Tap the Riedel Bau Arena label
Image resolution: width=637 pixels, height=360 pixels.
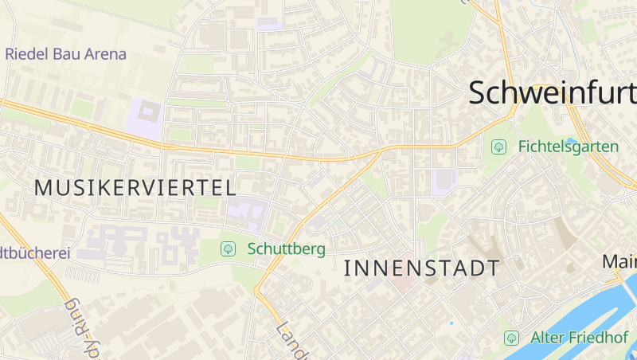coord(65,54)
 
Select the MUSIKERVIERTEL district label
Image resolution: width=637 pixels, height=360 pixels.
coord(135,188)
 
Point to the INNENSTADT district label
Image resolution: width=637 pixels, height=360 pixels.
coord(422,268)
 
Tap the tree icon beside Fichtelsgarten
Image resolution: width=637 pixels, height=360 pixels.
coord(499,147)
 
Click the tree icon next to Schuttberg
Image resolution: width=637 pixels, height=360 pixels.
coord(229,248)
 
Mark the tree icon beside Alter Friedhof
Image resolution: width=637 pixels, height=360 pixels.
coord(511,338)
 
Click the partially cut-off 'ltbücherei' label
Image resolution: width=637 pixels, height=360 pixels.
coord(36,253)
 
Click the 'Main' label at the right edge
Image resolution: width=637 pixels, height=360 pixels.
coord(619,261)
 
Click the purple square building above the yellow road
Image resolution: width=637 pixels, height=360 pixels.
coord(144,118)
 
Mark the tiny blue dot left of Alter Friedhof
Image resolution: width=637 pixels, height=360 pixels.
coord(451,323)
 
